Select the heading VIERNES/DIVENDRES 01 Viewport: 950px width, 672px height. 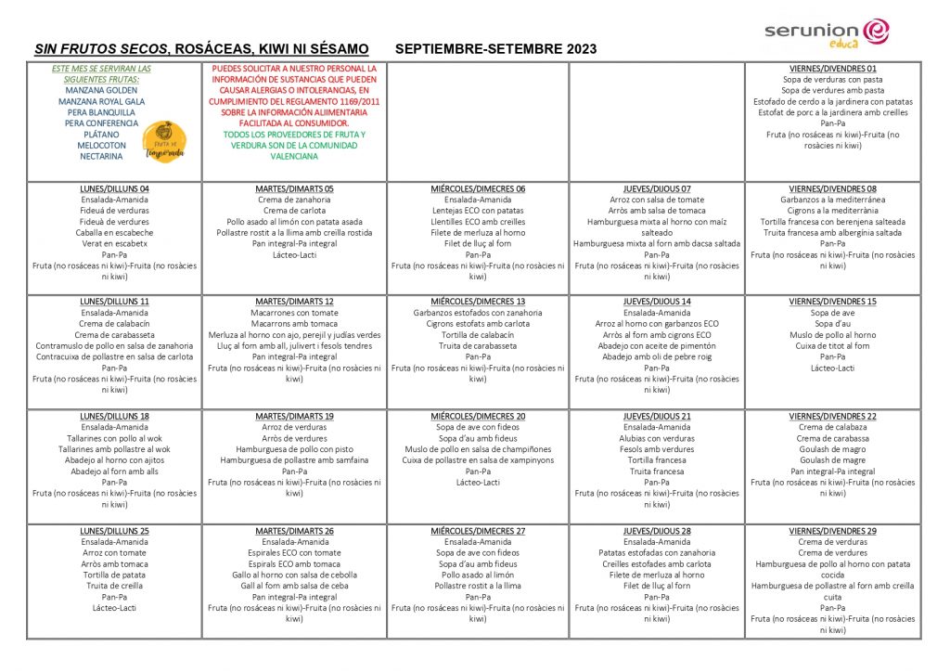(x=832, y=69)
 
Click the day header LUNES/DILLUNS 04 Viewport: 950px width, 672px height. (x=114, y=188)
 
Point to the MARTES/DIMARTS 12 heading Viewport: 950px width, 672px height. (x=294, y=302)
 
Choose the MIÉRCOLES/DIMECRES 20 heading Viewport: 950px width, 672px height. (x=478, y=416)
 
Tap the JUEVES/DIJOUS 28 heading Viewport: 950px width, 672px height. (x=657, y=531)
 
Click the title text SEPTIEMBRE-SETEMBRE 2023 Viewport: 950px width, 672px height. (x=495, y=49)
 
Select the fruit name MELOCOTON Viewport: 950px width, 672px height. (x=89, y=146)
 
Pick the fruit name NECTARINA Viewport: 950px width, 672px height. (x=89, y=157)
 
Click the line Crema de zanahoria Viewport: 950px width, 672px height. (x=294, y=200)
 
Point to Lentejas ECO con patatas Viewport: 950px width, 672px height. (x=478, y=211)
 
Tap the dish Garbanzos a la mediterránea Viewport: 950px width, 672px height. (x=832, y=200)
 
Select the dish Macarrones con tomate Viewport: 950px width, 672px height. (x=294, y=313)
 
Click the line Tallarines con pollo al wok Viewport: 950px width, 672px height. (x=114, y=438)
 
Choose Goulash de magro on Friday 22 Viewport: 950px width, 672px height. (x=832, y=449)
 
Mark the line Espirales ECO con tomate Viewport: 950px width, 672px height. (x=294, y=553)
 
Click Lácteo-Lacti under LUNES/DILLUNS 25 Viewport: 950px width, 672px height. (x=114, y=608)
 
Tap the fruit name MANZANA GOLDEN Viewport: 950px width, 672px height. (x=89, y=91)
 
